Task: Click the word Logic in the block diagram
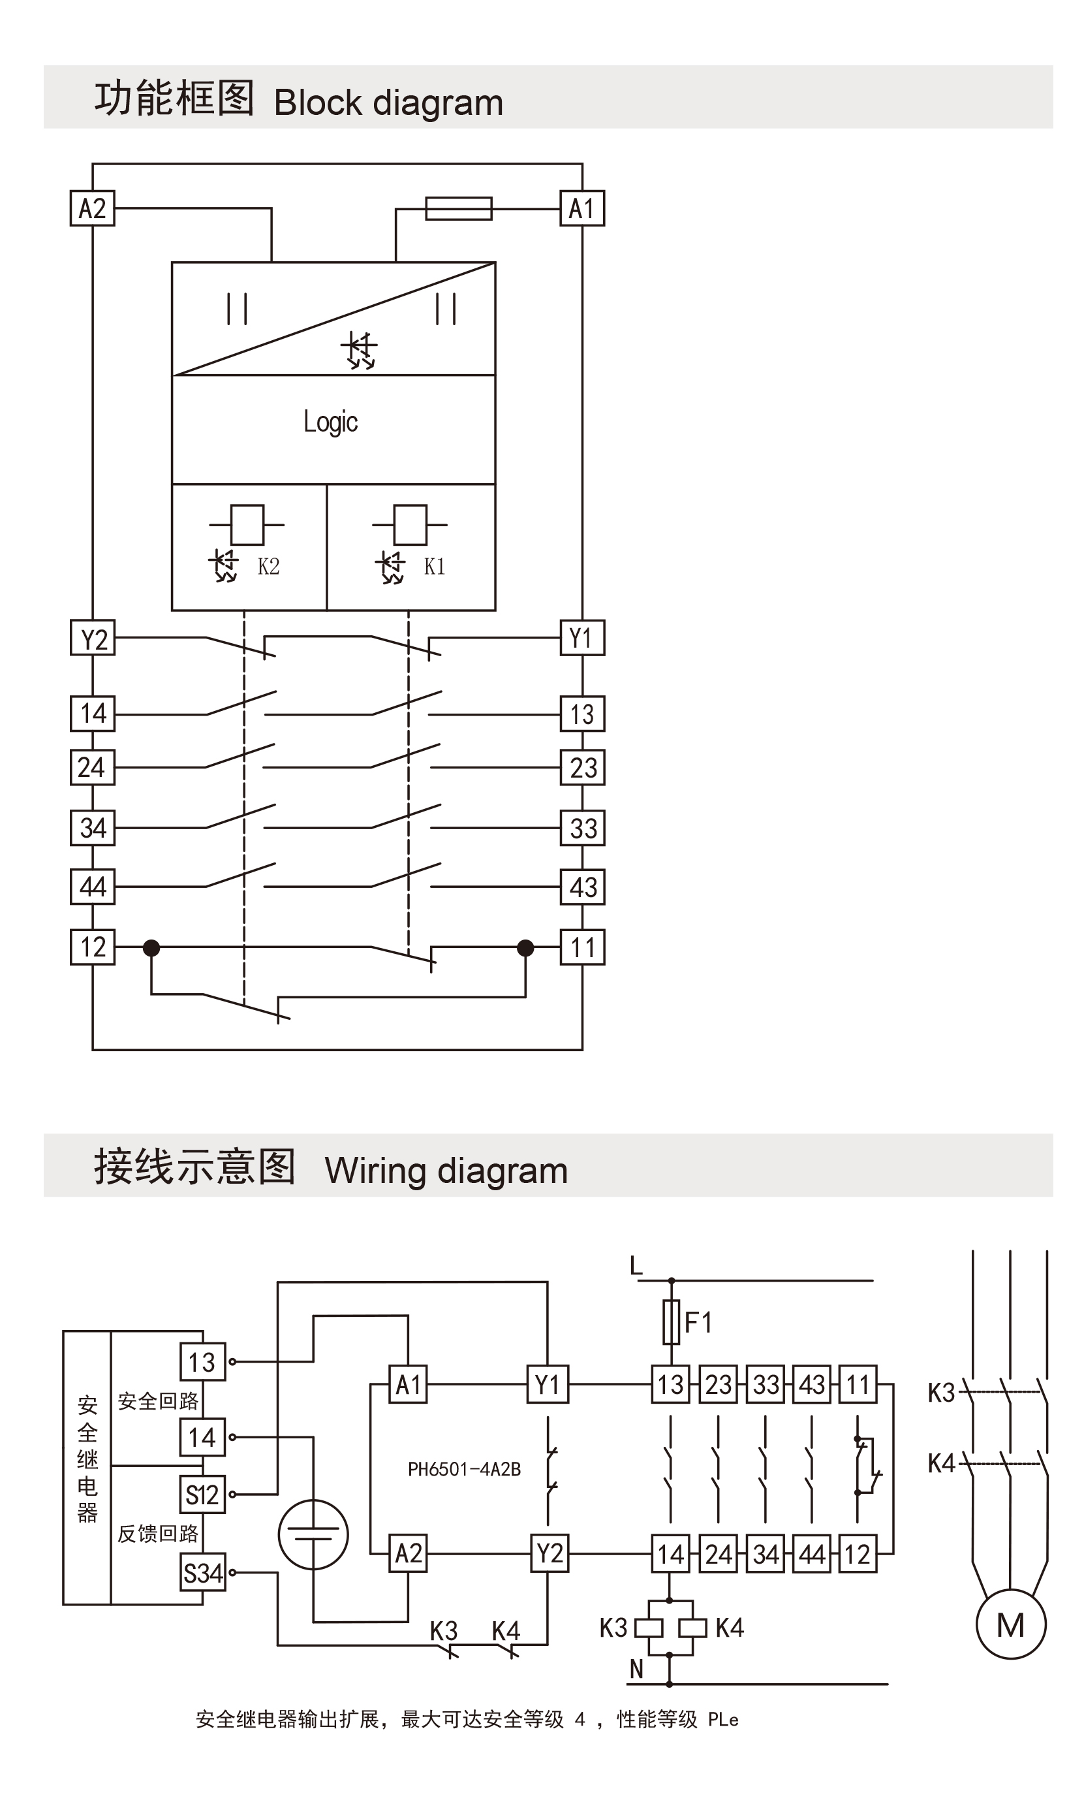pos(331,422)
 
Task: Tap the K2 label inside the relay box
pos(268,566)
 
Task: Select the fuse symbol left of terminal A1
pos(458,208)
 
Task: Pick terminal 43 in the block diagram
pos(582,887)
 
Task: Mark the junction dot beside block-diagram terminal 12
pos(151,948)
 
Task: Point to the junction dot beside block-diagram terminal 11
pos(525,948)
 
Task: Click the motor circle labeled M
pos(1010,1624)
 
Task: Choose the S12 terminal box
pos(202,1494)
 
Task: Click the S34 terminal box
pos(202,1573)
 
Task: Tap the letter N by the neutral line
pos(636,1669)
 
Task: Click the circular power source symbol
pos(313,1534)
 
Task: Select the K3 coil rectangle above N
pos(649,1628)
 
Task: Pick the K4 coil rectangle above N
pos(692,1628)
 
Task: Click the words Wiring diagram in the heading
pos(446,1171)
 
